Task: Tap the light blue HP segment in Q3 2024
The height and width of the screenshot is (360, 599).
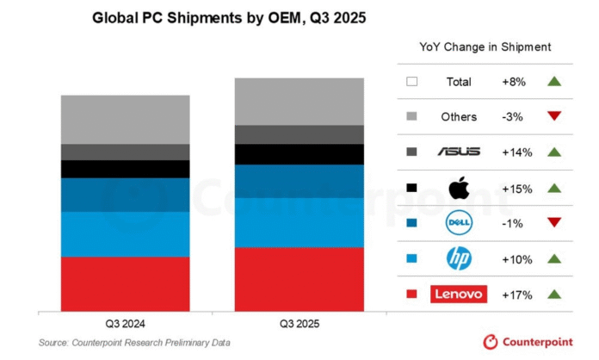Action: pyautogui.click(x=125, y=234)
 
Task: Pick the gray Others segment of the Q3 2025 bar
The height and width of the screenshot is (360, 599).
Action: pyautogui.click(x=299, y=102)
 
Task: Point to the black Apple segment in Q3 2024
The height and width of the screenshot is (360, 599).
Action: pyautogui.click(x=125, y=169)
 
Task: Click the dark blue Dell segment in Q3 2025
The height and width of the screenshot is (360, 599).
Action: pyautogui.click(x=299, y=181)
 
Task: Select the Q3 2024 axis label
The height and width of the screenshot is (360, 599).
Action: pyautogui.click(x=126, y=325)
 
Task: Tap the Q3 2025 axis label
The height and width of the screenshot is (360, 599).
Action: pyautogui.click(x=299, y=325)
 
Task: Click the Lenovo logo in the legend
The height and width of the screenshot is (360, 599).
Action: pyautogui.click(x=459, y=295)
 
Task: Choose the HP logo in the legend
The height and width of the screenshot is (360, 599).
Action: pyautogui.click(x=459, y=258)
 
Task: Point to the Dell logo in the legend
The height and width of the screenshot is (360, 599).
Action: pyautogui.click(x=459, y=223)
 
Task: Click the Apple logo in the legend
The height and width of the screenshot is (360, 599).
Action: pyautogui.click(x=459, y=187)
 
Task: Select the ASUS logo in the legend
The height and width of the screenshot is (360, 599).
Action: pyautogui.click(x=459, y=152)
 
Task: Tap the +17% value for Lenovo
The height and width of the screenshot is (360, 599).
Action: pyautogui.click(x=516, y=295)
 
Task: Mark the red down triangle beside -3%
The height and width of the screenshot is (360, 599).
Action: pyautogui.click(x=553, y=116)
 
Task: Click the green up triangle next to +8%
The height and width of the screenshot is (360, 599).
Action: pyautogui.click(x=553, y=81)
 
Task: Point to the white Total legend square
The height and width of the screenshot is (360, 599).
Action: pyautogui.click(x=411, y=82)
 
